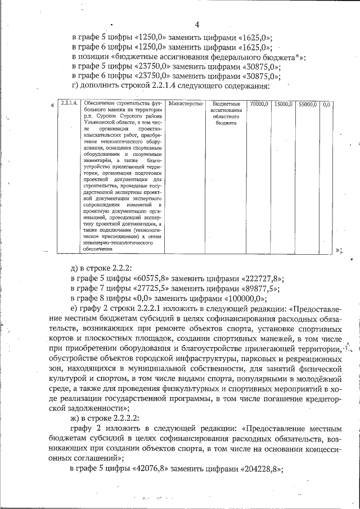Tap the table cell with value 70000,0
(259, 104)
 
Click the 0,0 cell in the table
(326, 104)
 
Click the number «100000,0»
(250, 299)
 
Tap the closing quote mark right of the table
(339, 249)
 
